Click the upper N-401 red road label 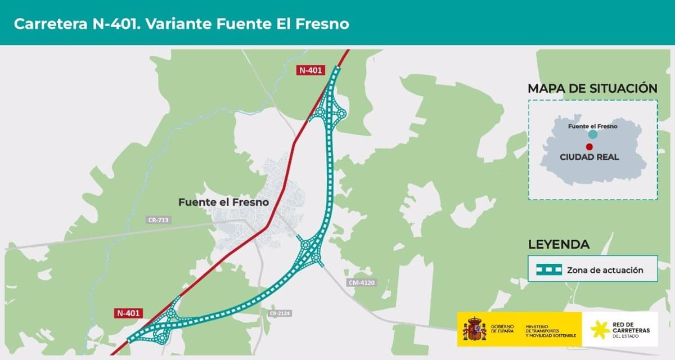[311, 70]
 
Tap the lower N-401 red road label [129, 313]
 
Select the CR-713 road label [158, 220]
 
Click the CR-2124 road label [279, 313]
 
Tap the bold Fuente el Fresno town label [224, 202]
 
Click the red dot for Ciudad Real [589, 146]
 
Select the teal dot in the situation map [592, 134]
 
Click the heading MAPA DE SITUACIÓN [592, 88]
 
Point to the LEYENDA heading [559, 244]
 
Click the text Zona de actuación [605, 270]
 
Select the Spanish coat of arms [474, 329]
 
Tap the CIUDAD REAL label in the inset [589, 157]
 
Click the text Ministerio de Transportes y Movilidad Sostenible [550, 330]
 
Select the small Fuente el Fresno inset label [592, 126]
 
